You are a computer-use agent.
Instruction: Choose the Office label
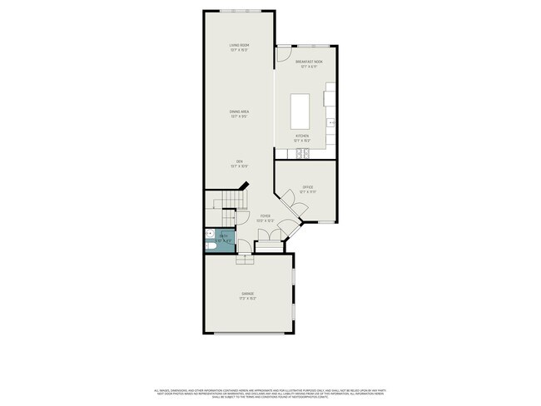click(x=307, y=190)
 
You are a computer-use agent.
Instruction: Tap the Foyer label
click(x=265, y=218)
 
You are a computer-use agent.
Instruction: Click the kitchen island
click(x=300, y=109)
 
